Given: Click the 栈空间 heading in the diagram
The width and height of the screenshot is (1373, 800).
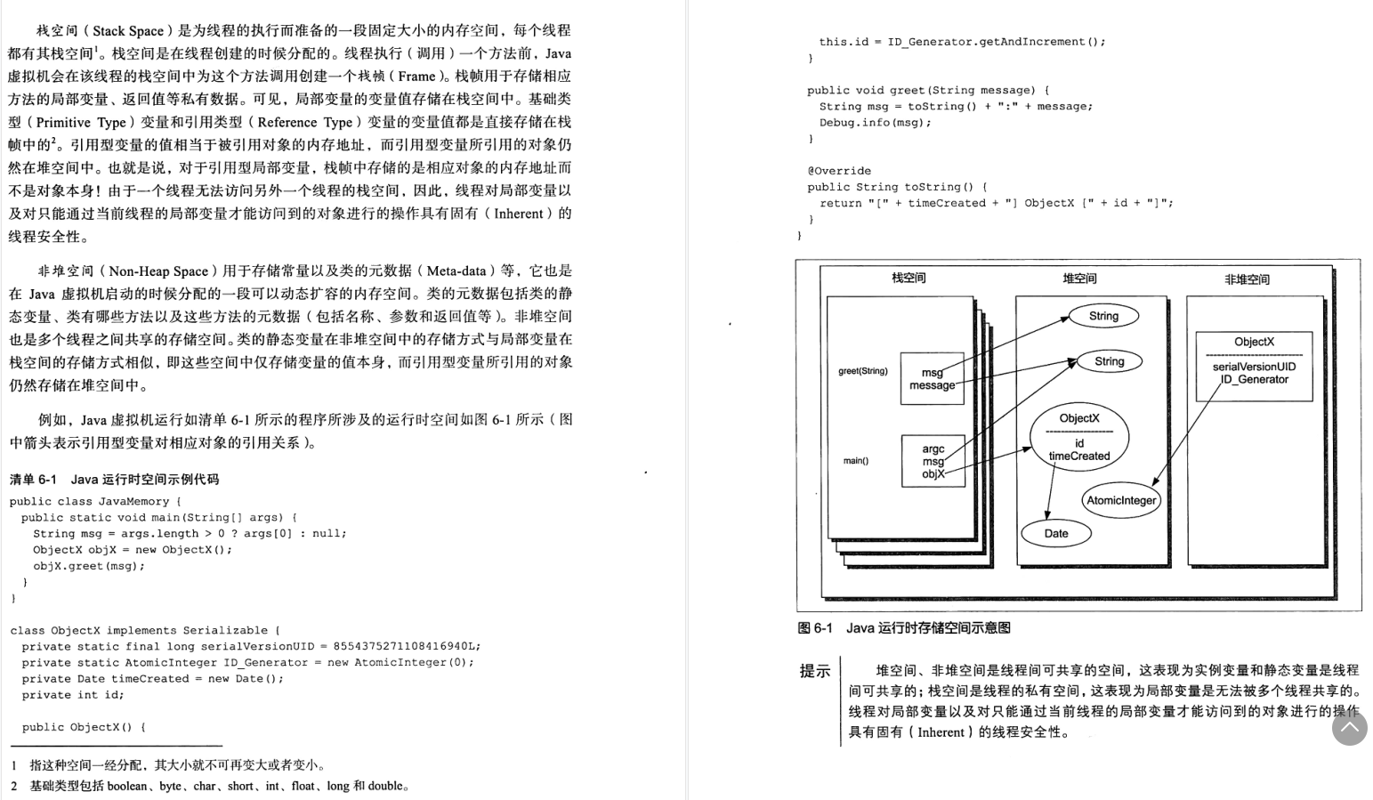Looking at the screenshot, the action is coord(909,279).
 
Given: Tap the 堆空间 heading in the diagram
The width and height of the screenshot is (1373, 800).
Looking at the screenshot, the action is coord(1079,279).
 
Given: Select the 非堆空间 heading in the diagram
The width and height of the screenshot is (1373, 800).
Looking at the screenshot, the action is coord(1247,279).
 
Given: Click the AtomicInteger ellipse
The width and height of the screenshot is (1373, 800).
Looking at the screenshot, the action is coord(1121,500).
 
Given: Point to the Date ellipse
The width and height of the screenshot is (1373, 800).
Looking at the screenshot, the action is coord(1056,534).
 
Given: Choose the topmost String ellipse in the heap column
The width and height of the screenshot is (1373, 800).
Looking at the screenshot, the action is coord(1103,316).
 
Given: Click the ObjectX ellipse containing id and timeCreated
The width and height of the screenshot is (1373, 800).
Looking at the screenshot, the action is coord(1079,436).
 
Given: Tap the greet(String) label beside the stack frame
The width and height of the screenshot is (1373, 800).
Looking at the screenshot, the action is coord(862,371).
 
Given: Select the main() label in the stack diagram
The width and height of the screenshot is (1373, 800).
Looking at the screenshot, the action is coord(856,461).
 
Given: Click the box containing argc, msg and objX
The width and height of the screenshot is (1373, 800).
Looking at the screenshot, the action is coord(933,461).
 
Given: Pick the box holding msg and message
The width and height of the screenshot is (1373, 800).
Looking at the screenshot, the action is coord(932,379).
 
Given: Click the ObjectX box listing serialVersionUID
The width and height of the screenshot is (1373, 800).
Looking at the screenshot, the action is coord(1254,366).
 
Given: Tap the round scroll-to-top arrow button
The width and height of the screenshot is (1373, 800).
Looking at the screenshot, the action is coord(1349,728).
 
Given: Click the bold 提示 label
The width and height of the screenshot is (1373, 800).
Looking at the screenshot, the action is coord(814,671).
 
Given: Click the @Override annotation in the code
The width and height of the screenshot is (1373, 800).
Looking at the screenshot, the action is coord(839,171).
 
